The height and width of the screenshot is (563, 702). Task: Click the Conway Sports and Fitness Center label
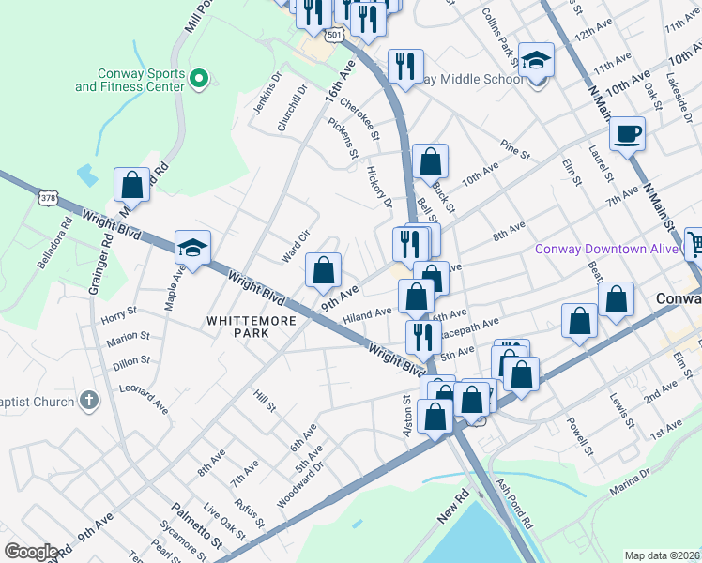[130, 80]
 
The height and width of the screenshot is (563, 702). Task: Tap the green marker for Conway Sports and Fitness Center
[198, 80]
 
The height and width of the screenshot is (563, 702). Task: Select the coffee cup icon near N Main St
[627, 132]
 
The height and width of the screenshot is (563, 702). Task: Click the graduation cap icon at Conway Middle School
[537, 61]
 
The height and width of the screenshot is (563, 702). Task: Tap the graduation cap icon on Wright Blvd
[192, 249]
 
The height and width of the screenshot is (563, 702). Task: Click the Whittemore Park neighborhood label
[252, 321]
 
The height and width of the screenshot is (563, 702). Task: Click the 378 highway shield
[49, 198]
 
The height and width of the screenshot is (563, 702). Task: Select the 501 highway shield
[335, 34]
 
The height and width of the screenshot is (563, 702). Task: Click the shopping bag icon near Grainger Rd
[132, 185]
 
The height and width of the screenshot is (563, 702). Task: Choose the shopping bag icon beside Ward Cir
[323, 271]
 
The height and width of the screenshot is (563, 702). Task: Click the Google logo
[32, 551]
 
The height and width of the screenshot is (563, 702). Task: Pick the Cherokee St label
[359, 120]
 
